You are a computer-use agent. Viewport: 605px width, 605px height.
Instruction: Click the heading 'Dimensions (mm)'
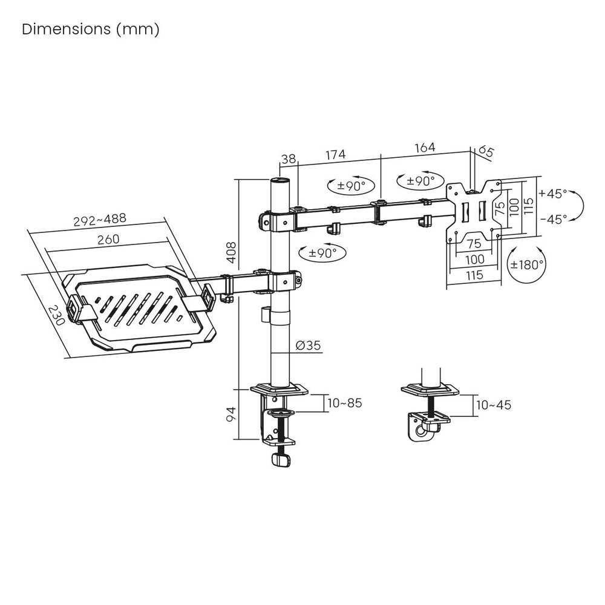(91, 29)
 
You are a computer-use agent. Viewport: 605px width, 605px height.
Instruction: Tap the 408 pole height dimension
(231, 253)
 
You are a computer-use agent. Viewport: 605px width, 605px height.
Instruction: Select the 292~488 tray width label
(100, 220)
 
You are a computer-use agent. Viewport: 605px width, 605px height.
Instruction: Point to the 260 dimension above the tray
(108, 239)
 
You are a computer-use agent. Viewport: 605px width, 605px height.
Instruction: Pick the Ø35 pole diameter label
(309, 345)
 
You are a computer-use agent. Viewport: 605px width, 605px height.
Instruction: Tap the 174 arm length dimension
(335, 154)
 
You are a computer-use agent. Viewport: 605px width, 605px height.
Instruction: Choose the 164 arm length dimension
(425, 148)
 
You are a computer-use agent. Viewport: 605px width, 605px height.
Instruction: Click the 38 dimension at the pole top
(288, 159)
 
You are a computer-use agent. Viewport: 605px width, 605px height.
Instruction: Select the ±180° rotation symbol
(527, 265)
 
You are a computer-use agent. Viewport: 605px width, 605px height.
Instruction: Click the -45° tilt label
(554, 219)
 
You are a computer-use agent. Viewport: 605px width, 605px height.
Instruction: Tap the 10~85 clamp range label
(345, 403)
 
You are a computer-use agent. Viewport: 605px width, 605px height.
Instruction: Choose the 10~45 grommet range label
(494, 405)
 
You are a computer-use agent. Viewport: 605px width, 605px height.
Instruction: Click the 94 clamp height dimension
(231, 414)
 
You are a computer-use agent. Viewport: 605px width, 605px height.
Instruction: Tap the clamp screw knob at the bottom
(281, 460)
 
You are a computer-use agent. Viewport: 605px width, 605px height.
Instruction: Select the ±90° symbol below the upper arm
(323, 253)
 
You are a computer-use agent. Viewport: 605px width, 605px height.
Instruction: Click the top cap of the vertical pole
(280, 180)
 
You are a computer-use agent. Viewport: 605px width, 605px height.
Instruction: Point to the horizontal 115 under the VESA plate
(474, 275)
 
